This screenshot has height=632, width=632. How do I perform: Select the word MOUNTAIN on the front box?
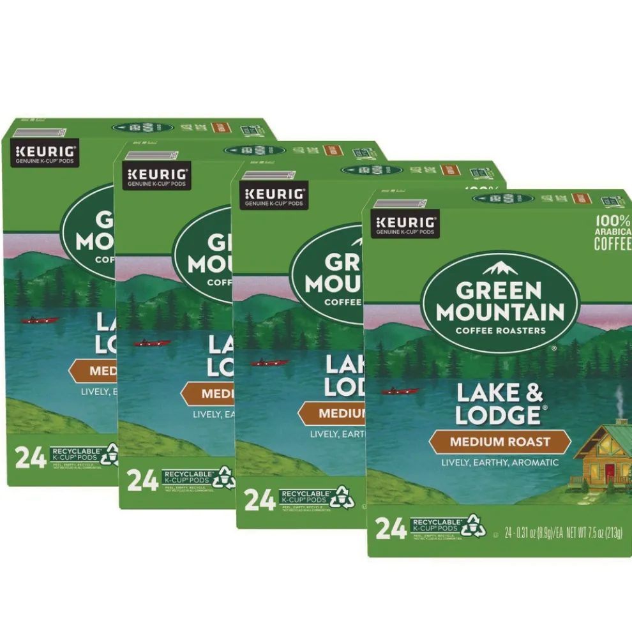click(500, 313)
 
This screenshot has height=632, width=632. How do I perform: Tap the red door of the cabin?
click(610, 472)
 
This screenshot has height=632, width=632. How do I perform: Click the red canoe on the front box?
click(400, 391)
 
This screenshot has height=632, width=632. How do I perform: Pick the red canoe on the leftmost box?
click(40, 320)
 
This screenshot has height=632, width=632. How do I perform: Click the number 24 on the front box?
click(390, 529)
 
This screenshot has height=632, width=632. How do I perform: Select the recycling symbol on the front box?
click(473, 525)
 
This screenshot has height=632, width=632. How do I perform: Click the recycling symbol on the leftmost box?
click(109, 454)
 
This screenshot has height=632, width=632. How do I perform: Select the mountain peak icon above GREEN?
click(500, 267)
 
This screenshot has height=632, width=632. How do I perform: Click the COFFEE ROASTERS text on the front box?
click(500, 330)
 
